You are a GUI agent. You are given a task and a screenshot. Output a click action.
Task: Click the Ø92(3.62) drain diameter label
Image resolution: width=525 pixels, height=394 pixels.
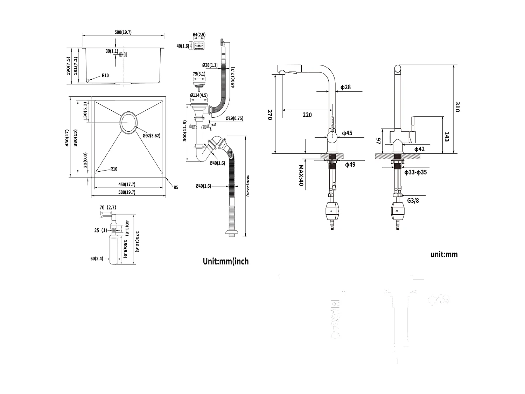(151, 136)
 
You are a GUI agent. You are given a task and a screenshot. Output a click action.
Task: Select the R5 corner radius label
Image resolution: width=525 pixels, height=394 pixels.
(176, 187)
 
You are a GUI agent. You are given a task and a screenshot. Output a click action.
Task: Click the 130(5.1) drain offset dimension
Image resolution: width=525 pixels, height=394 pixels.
(85, 111)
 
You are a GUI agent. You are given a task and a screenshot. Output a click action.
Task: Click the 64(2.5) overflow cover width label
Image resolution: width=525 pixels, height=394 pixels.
(199, 35)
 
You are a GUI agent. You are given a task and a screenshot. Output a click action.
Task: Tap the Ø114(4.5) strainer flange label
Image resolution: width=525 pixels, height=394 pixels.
(198, 95)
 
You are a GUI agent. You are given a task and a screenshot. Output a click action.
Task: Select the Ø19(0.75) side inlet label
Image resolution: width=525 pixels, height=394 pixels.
(234, 118)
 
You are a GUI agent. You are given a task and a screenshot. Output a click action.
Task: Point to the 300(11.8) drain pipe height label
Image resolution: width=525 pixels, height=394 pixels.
(184, 131)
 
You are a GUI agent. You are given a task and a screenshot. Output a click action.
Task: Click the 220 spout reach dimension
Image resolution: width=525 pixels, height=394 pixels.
(307, 115)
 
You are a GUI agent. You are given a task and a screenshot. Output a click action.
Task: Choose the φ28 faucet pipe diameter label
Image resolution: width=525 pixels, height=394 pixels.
(345, 87)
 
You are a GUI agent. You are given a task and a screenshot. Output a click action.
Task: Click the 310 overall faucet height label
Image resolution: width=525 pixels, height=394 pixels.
(457, 107)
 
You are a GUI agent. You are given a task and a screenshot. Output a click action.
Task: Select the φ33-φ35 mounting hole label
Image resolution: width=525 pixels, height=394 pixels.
(415, 172)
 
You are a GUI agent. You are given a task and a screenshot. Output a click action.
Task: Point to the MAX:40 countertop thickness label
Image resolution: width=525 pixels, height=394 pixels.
(301, 175)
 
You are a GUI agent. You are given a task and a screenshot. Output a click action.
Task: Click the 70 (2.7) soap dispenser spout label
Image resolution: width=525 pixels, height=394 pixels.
(107, 208)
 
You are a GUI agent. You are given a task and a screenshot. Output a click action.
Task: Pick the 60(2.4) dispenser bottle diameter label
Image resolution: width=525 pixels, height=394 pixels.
(97, 259)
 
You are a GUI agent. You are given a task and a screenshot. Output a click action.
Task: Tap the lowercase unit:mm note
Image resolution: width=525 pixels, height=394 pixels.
(444, 254)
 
